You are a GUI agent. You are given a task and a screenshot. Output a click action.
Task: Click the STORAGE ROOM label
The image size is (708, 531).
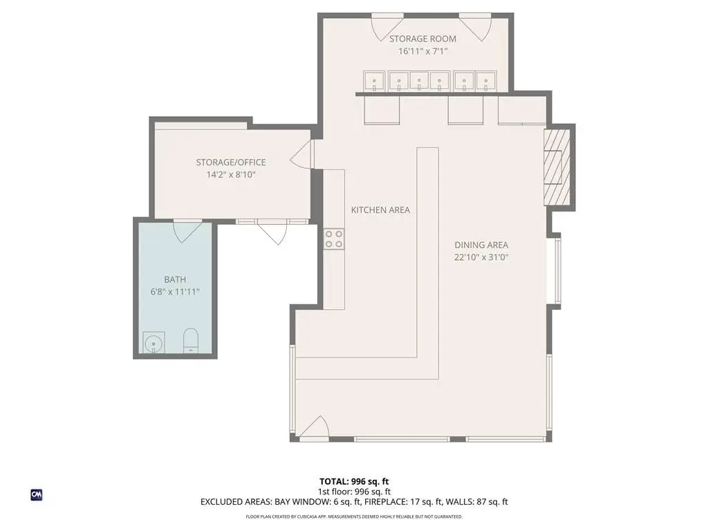[422, 39]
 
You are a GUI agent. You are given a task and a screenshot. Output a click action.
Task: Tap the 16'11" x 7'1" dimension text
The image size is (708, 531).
[422, 51]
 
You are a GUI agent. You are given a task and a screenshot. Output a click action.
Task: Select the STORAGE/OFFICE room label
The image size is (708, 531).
[231, 162]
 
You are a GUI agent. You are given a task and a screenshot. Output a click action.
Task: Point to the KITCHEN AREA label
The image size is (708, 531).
[381, 210]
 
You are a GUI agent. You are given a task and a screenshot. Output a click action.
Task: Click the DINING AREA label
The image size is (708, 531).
[481, 245]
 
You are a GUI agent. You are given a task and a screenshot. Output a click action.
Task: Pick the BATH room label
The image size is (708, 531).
[175, 279]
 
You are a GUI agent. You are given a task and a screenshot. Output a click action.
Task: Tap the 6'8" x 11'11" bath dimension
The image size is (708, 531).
[175, 292]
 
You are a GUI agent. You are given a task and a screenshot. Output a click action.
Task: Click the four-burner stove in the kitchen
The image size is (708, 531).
[334, 239]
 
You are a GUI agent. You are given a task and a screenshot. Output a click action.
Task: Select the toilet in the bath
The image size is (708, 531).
[191, 341]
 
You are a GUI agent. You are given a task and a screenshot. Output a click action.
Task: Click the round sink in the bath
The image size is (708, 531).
[153, 343]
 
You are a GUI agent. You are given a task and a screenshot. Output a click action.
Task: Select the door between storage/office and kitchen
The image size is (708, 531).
[301, 154]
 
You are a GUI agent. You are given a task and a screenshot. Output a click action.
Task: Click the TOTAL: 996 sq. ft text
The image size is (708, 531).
[354, 481]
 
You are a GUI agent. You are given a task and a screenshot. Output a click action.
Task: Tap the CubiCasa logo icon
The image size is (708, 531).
[37, 495]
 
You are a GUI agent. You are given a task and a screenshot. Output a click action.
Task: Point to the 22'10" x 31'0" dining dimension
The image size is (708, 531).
[481, 257]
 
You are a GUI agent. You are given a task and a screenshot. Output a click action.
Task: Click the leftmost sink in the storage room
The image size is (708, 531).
[374, 80]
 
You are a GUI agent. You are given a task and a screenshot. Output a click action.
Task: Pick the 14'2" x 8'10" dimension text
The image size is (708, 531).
[231, 175]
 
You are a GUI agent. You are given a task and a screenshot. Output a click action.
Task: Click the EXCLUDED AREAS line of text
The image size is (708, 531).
[354, 502]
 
